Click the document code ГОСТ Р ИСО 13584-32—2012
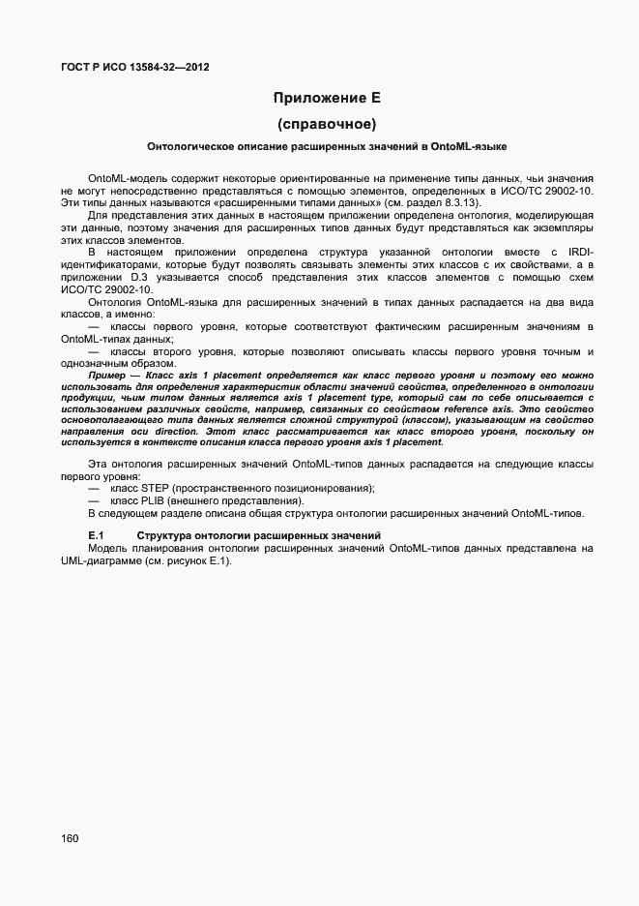[x=135, y=68]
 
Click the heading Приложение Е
[x=327, y=98]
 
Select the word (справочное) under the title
[x=327, y=124]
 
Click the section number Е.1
[x=96, y=535]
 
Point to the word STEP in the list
[x=156, y=488]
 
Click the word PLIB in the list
[x=155, y=500]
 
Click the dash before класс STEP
[x=94, y=488]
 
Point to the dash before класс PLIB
[x=94, y=500]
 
